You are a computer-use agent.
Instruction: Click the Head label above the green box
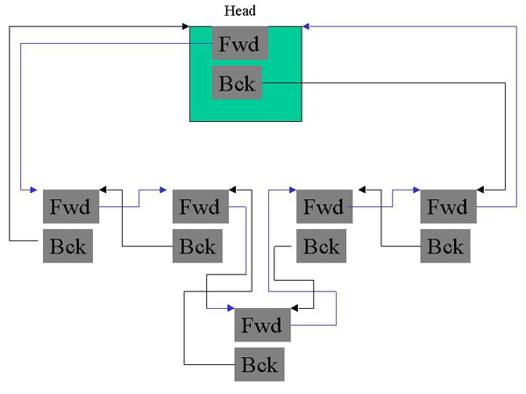(x=240, y=11)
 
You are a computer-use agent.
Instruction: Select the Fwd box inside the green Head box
(x=239, y=43)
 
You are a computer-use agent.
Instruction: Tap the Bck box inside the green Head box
(x=237, y=82)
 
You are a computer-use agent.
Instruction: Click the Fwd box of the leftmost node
(x=71, y=207)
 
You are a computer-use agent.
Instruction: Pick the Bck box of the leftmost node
(x=68, y=246)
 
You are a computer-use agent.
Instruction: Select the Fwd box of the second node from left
(x=200, y=207)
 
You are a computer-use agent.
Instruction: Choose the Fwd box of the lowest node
(x=261, y=326)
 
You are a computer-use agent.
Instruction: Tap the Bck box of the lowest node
(x=259, y=364)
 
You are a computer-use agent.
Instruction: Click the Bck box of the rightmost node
(x=445, y=246)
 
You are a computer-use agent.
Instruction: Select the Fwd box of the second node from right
(x=323, y=207)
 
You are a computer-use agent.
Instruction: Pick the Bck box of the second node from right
(x=320, y=246)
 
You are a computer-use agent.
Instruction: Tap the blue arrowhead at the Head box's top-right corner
(x=307, y=27)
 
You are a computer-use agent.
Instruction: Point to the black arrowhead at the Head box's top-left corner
(x=185, y=27)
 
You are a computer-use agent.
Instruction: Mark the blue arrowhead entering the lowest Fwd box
(x=230, y=308)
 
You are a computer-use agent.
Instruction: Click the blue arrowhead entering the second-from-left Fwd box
(x=162, y=190)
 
